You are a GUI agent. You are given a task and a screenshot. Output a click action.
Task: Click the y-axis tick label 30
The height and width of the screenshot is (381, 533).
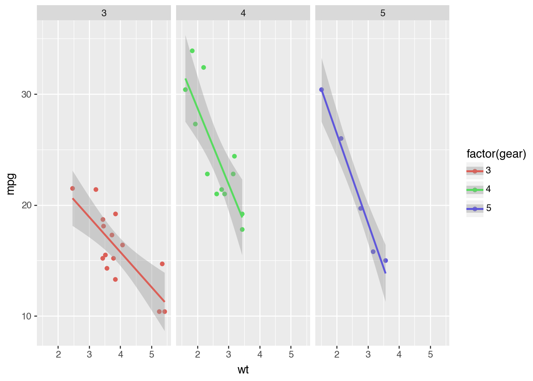tap(26, 94)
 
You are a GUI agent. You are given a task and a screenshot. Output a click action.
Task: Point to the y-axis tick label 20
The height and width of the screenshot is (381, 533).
tap(26, 205)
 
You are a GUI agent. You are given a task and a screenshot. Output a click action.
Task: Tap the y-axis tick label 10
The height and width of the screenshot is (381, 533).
tap(26, 316)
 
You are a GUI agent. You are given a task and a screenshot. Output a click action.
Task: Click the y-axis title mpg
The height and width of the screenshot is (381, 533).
tap(11, 184)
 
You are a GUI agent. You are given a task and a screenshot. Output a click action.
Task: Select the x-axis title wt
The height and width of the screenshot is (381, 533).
tap(243, 370)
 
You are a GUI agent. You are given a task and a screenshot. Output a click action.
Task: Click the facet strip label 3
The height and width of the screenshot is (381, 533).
tap(104, 13)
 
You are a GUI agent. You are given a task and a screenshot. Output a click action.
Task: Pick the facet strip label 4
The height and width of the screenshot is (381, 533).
tap(243, 13)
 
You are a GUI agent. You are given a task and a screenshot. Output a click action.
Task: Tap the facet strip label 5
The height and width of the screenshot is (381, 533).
tap(383, 13)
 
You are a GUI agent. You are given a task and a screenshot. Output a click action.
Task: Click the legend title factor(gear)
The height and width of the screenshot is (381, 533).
tap(496, 154)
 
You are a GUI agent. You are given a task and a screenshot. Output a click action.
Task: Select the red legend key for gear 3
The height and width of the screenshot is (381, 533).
tap(475, 171)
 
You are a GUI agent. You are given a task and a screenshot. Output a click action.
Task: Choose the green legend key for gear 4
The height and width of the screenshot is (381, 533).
tap(475, 190)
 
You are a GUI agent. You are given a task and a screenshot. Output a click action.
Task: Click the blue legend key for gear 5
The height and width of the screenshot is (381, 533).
tap(475, 209)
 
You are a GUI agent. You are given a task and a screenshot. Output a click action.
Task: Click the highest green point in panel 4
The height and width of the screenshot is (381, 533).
tap(192, 51)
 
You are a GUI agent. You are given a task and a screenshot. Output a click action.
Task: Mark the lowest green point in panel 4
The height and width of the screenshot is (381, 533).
tap(242, 229)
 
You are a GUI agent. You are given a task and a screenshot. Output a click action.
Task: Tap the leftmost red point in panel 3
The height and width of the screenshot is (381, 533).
tap(73, 189)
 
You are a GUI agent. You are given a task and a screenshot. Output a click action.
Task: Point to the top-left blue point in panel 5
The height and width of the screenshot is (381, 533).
tap(322, 90)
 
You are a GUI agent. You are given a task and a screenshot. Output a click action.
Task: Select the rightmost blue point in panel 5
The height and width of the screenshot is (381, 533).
tap(385, 260)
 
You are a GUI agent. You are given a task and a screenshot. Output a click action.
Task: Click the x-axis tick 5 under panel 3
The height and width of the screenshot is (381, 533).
tap(151, 354)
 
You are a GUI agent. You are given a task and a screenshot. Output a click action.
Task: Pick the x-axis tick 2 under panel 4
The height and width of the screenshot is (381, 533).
tap(197, 354)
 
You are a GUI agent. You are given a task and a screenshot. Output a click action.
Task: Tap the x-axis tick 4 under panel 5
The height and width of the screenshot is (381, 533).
tap(399, 354)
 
